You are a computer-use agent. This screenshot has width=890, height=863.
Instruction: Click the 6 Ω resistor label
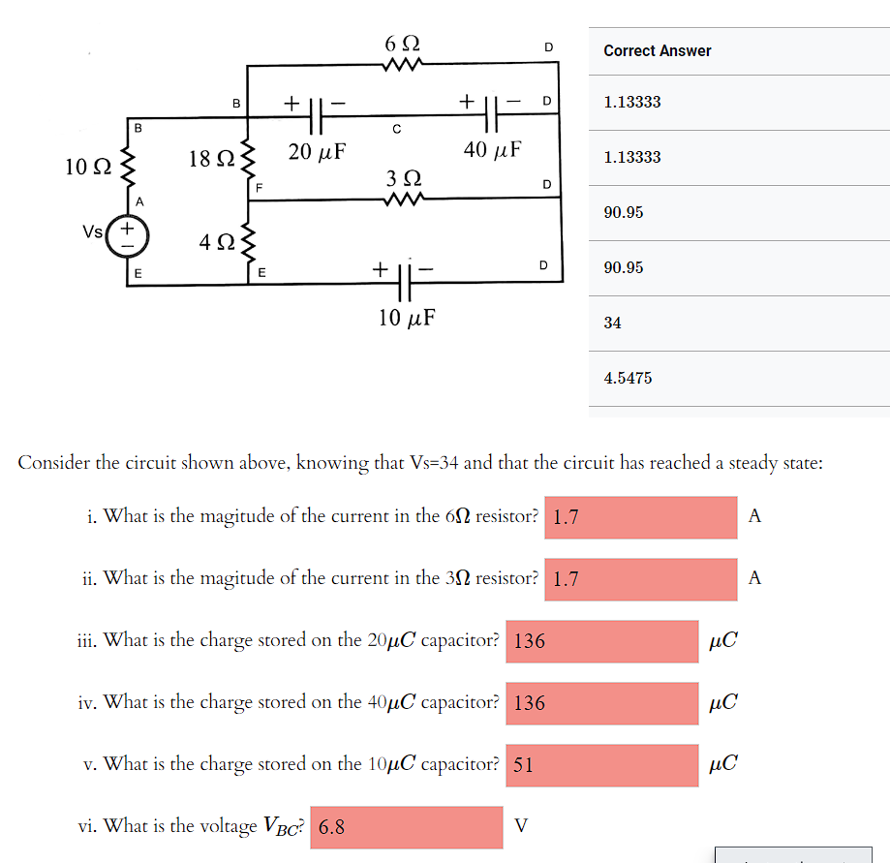coord(402,44)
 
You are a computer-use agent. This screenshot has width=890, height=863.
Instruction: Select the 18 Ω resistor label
coord(210,159)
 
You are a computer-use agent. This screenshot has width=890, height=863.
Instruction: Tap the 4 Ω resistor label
coord(217,241)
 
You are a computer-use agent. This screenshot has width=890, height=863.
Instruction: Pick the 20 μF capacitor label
coord(318,151)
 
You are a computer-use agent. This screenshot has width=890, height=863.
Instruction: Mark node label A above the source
coord(139,200)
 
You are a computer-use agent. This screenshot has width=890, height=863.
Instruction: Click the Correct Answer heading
coord(657,50)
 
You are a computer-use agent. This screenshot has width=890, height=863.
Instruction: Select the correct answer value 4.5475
coord(628,378)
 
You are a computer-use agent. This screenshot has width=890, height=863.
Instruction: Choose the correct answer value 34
coord(612,323)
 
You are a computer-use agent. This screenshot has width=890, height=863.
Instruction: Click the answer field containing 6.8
coord(407,827)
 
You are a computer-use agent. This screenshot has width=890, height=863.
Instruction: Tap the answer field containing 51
coord(600,764)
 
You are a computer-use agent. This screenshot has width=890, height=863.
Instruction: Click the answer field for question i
coord(640,517)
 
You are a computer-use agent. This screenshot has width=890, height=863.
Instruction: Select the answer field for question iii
coord(600,641)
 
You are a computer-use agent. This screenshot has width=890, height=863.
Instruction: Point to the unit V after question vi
coord(521,826)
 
